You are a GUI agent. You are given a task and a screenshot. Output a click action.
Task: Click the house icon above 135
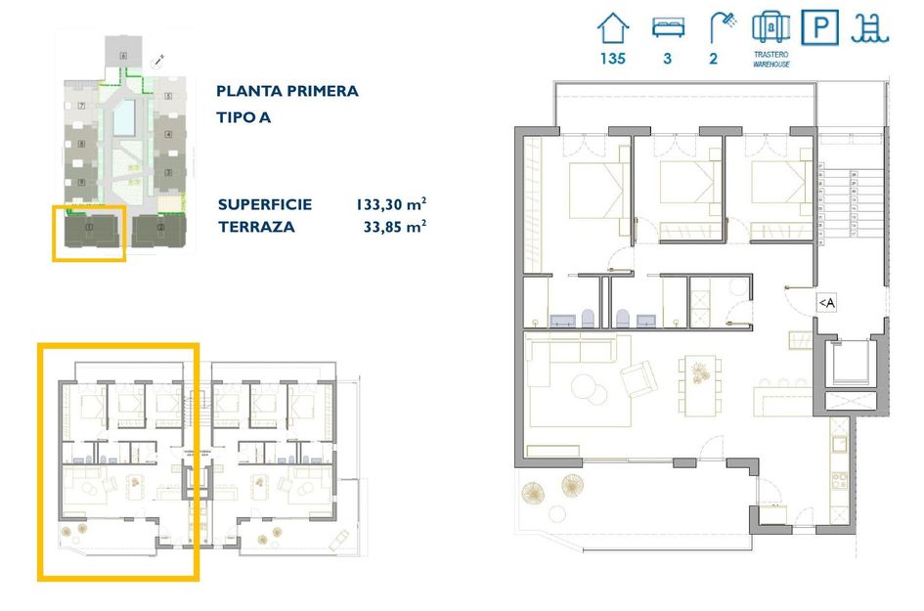(x=613, y=26)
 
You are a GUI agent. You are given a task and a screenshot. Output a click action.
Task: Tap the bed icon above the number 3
(x=667, y=26)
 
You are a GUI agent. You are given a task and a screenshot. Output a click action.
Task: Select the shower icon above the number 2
(x=722, y=26)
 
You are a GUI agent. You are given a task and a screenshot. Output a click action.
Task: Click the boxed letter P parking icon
(x=818, y=26)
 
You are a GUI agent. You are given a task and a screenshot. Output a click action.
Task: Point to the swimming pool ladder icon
(x=869, y=26)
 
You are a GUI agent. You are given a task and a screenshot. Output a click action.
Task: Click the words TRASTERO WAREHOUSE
(x=770, y=60)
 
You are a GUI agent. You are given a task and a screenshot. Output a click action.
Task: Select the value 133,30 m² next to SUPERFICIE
(x=390, y=204)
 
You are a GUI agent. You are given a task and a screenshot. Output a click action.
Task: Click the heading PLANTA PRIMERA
(x=286, y=91)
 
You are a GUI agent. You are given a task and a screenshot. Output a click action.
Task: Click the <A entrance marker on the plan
(x=826, y=303)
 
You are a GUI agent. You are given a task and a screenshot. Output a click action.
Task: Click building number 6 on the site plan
(x=123, y=56)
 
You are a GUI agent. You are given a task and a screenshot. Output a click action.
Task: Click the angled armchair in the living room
(x=639, y=378)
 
